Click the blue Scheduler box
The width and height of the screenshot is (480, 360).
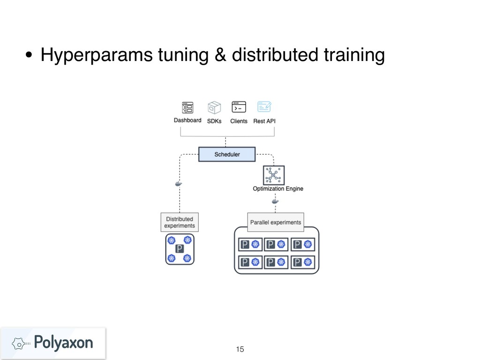click(x=227, y=154)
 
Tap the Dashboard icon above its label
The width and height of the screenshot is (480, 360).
click(x=187, y=108)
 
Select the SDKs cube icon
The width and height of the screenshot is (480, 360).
click(x=214, y=108)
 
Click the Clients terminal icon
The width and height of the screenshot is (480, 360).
click(x=239, y=107)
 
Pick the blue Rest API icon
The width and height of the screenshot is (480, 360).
click(x=264, y=107)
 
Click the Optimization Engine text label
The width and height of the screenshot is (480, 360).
click(x=278, y=189)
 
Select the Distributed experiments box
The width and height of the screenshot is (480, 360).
click(x=179, y=222)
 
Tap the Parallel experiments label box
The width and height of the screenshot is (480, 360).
click(x=276, y=222)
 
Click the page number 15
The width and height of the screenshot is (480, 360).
click(x=240, y=349)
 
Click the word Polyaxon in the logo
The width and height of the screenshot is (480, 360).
click(x=64, y=343)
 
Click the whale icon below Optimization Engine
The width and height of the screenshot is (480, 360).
click(x=275, y=201)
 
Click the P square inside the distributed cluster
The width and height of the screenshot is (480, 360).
click(x=180, y=249)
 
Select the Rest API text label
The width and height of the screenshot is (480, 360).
click(x=264, y=121)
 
